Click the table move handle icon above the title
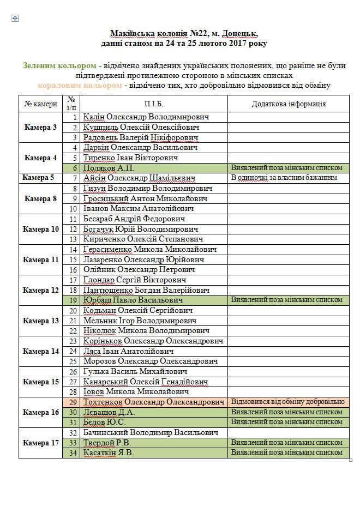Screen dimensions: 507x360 coord(15,19)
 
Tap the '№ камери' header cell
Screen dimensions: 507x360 coord(41,104)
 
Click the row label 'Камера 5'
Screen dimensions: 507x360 coord(38,178)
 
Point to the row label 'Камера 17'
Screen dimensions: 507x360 coord(41,443)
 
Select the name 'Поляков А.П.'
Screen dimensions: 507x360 coord(109,168)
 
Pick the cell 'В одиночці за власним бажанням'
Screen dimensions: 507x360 coord(284,178)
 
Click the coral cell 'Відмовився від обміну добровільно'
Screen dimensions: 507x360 coord(288,402)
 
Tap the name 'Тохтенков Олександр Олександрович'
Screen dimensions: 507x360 coord(154,402)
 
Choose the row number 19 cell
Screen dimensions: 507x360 coord(73,300)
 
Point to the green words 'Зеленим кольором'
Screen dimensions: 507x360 coord(53,65)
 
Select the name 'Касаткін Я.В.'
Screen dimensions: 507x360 coord(109,452)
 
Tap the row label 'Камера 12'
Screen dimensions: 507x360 coord(41,290)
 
